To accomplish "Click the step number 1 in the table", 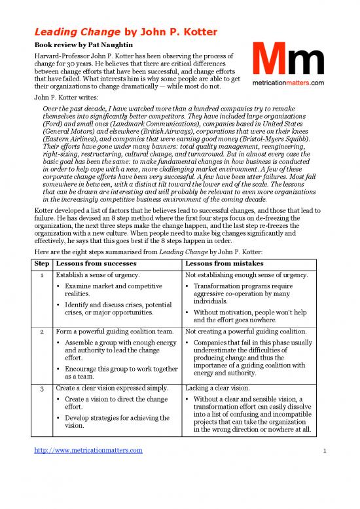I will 43,274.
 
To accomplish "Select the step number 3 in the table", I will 43,388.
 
